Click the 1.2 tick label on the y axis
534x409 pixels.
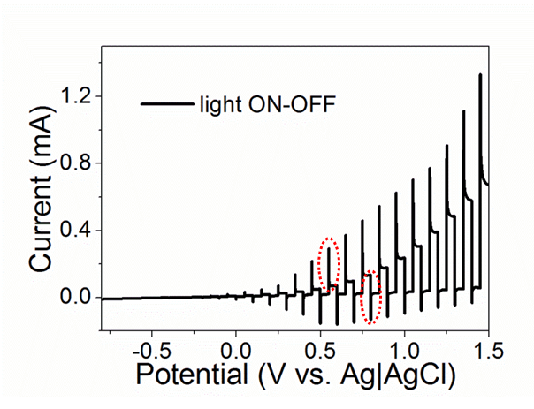point(77,95)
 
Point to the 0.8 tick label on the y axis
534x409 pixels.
point(77,163)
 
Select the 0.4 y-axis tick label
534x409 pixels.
point(77,230)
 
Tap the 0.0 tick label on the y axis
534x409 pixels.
point(77,297)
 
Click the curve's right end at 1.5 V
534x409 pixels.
point(488,185)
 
